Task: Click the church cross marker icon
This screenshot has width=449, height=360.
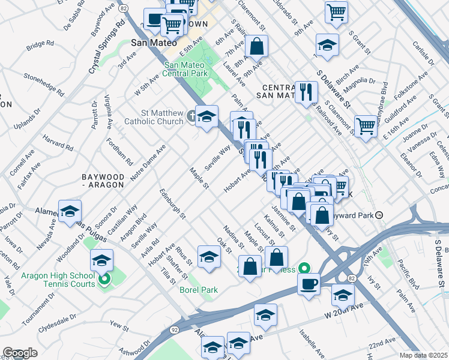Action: point(191,116)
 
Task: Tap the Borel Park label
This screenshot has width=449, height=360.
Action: point(198,290)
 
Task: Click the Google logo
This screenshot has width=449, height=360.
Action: point(20,353)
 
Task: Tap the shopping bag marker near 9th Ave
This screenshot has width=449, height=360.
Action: point(256,46)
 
